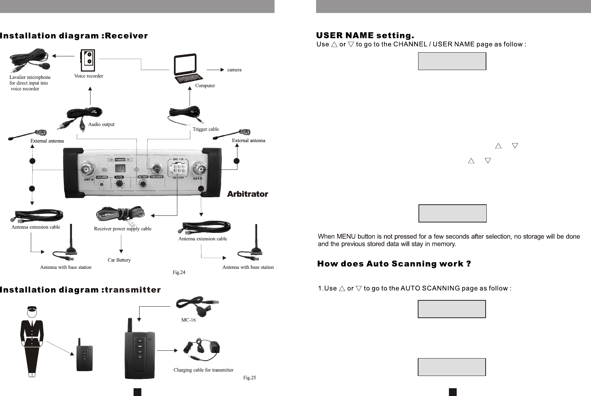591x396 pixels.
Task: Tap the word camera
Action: (234, 70)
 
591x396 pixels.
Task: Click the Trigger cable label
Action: (206, 129)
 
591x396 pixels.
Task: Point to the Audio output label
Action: (101, 125)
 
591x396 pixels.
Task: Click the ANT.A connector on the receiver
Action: (89, 169)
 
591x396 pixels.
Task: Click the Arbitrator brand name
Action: (247, 194)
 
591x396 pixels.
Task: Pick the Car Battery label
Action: (119, 260)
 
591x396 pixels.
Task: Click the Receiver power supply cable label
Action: (123, 229)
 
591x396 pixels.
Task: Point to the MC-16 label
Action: (188, 320)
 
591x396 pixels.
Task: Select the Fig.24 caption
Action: (179, 273)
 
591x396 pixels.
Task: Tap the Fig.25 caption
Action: (249, 378)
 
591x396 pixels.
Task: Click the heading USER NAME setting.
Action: (365, 36)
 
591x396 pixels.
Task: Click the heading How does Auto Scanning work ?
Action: (394, 264)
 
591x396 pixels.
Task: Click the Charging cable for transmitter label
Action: (203, 370)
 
